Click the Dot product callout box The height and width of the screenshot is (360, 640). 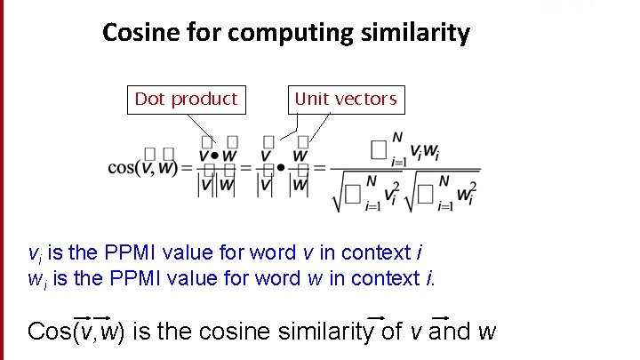[x=186, y=99]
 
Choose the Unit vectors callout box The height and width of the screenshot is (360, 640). [x=345, y=99]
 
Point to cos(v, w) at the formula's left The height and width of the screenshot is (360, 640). [x=142, y=167]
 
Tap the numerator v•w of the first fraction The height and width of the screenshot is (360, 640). [x=217, y=156]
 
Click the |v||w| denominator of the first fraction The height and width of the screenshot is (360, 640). [x=217, y=184]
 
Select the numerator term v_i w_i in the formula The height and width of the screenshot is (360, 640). [x=423, y=151]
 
